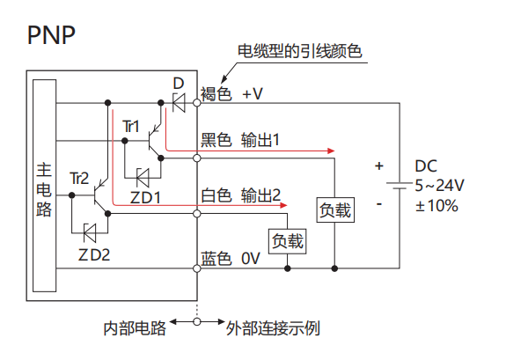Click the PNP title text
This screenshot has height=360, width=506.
(x=51, y=34)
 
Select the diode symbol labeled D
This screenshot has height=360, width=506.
(x=179, y=103)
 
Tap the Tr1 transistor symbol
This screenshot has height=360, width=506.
(x=154, y=141)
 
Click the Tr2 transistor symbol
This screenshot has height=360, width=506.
(x=100, y=195)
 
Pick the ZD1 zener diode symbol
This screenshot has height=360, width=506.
(x=143, y=178)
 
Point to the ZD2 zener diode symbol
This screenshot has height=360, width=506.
(x=90, y=232)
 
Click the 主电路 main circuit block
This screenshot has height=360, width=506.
(x=45, y=186)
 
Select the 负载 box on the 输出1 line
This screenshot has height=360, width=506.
(x=335, y=210)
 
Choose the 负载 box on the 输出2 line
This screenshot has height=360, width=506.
(x=287, y=241)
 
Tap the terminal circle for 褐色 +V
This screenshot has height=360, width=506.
(x=197, y=103)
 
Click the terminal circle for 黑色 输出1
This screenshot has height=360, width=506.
(x=197, y=158)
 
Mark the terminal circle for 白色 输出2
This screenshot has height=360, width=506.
(x=197, y=214)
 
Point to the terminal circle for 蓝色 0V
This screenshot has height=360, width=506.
(x=197, y=268)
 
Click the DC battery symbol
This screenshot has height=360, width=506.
(x=400, y=186)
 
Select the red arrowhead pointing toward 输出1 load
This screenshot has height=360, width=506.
(x=331, y=151)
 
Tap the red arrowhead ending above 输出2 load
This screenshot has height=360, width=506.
(x=283, y=205)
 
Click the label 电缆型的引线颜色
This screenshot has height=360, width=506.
(x=300, y=51)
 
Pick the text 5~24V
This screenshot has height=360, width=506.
(x=439, y=186)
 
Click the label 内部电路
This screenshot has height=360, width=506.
(x=135, y=328)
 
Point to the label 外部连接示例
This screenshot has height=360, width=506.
(x=273, y=328)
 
